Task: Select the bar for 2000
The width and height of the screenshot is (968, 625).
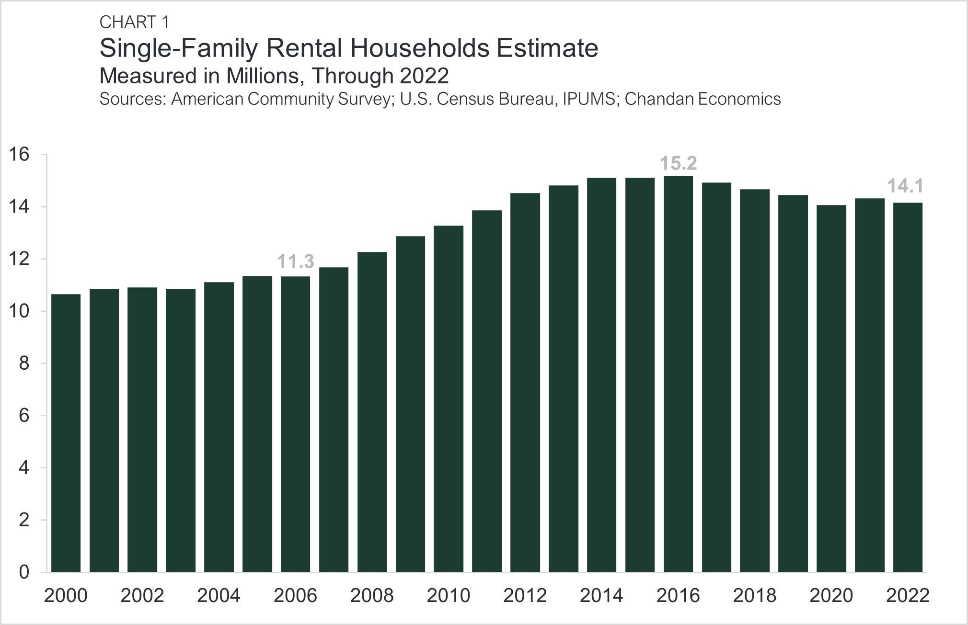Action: (x=66, y=433)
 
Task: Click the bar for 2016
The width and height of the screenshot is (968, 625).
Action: (x=678, y=374)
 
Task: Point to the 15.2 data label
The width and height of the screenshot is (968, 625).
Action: (x=678, y=163)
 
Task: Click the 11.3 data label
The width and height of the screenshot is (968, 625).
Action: (x=296, y=261)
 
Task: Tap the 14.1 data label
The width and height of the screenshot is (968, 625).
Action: (x=905, y=186)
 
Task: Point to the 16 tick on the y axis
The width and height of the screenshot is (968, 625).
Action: (x=19, y=154)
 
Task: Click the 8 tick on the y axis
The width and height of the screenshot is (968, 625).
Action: (x=24, y=364)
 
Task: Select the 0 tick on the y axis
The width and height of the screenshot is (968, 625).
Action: (x=24, y=572)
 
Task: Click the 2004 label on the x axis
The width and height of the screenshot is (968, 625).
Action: (x=219, y=596)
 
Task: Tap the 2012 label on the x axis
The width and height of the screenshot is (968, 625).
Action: (x=525, y=596)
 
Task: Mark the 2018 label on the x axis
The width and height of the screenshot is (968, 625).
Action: (x=755, y=596)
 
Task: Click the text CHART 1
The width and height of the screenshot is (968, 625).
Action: (x=134, y=22)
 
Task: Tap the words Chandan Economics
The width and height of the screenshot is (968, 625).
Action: (x=703, y=99)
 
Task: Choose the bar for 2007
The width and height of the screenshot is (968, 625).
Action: (x=334, y=419)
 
